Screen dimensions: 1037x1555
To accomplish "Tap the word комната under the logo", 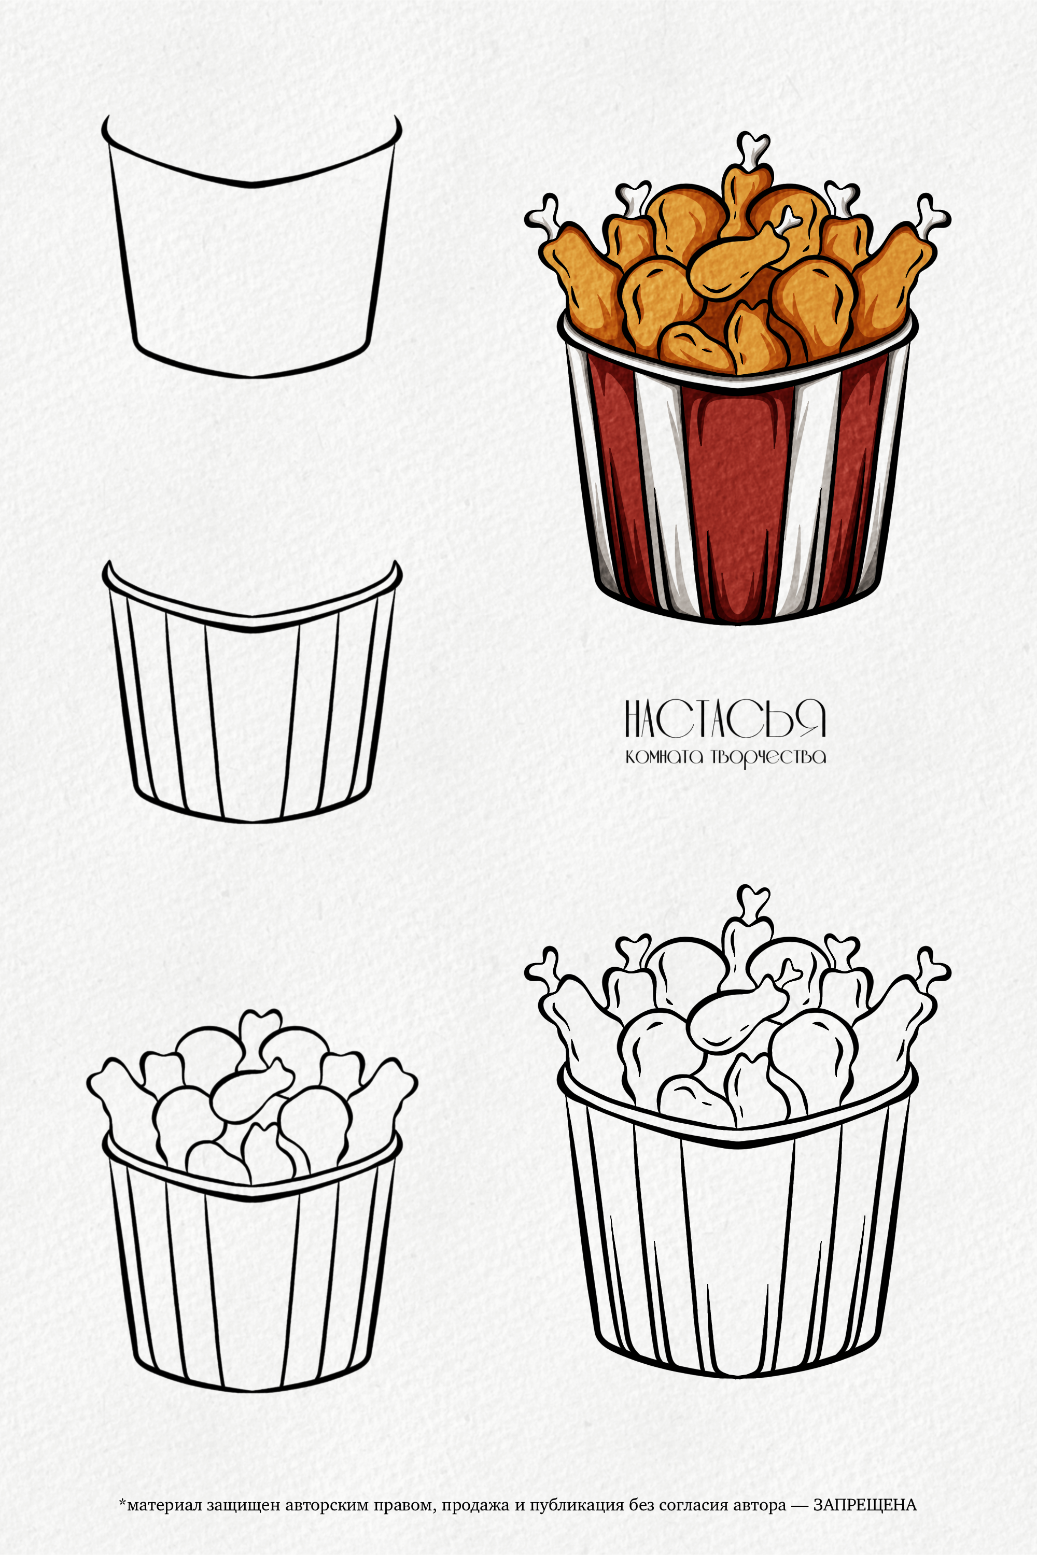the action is (x=664, y=756).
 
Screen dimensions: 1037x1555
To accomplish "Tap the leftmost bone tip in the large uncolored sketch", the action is (x=543, y=968).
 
